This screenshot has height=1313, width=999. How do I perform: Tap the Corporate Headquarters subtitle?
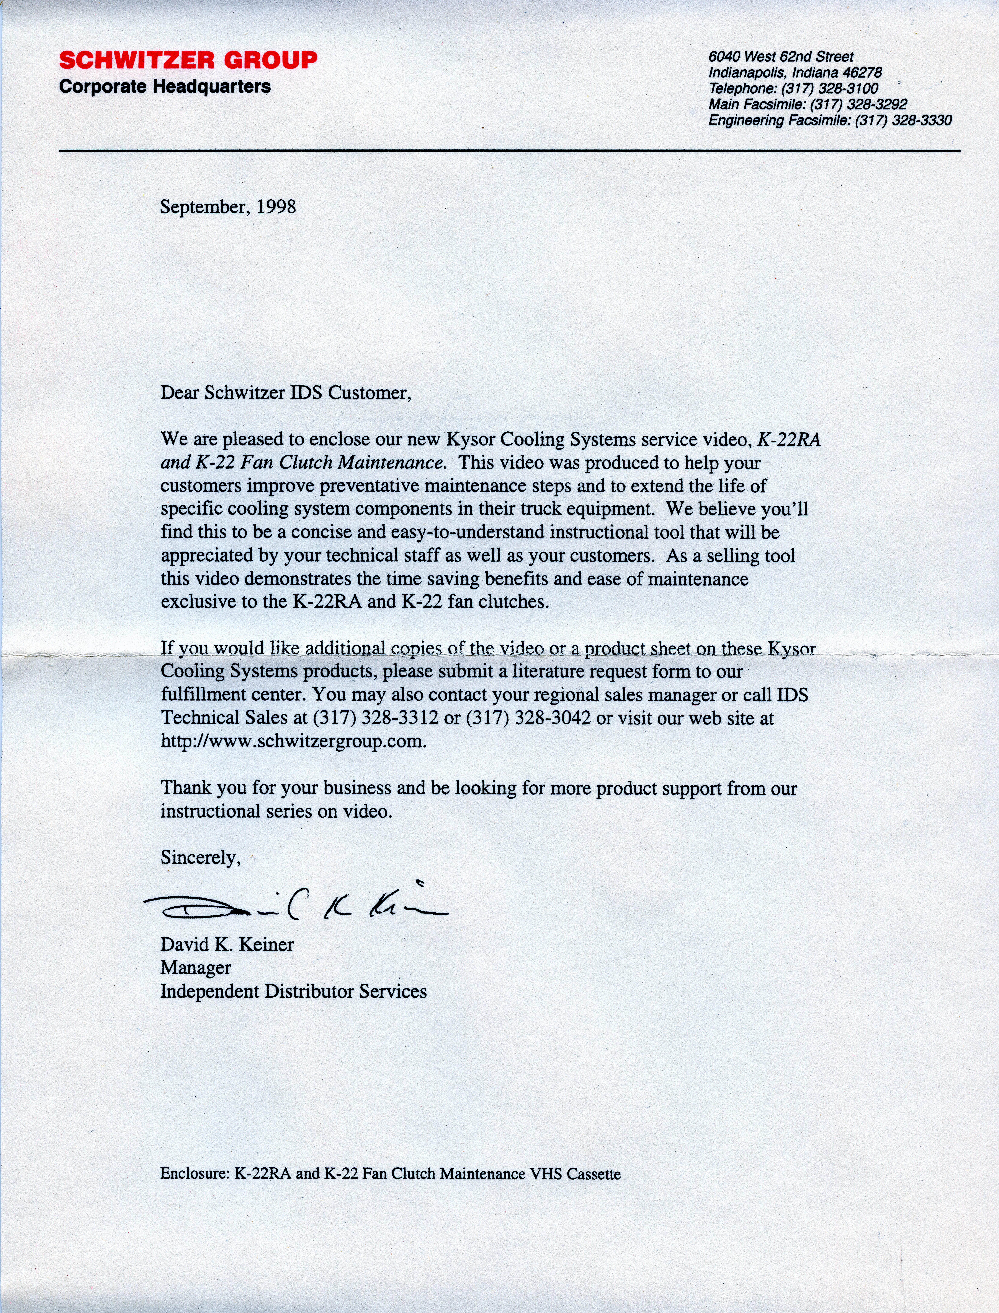point(165,87)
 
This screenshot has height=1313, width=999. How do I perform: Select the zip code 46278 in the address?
point(862,73)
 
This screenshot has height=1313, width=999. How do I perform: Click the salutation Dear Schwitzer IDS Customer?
point(285,393)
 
